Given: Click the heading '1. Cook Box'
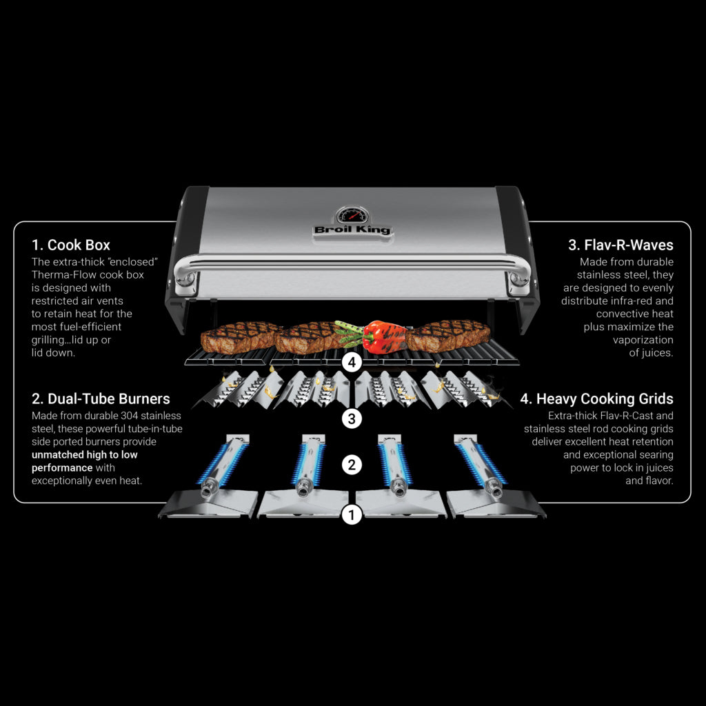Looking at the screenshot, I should pyautogui.click(x=71, y=245).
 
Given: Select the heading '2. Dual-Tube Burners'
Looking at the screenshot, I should pyautogui.click(x=101, y=399).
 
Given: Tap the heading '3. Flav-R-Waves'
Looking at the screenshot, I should pyautogui.click(x=621, y=245).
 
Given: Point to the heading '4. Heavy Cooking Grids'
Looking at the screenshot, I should pyautogui.click(x=596, y=399).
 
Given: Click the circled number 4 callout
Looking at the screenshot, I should pyautogui.click(x=352, y=363).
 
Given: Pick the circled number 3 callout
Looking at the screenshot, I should pyautogui.click(x=352, y=418).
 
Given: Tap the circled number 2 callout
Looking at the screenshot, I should pyautogui.click(x=352, y=465).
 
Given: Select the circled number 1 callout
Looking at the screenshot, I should pyautogui.click(x=352, y=514).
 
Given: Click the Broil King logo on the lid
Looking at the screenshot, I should pyautogui.click(x=352, y=230).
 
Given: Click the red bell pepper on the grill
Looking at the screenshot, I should pyautogui.click(x=384, y=336).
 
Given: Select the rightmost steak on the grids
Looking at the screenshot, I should pyautogui.click(x=448, y=334).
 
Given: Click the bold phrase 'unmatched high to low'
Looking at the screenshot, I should pyautogui.click(x=85, y=455).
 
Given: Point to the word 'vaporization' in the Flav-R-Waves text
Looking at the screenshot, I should pyautogui.click(x=643, y=340).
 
